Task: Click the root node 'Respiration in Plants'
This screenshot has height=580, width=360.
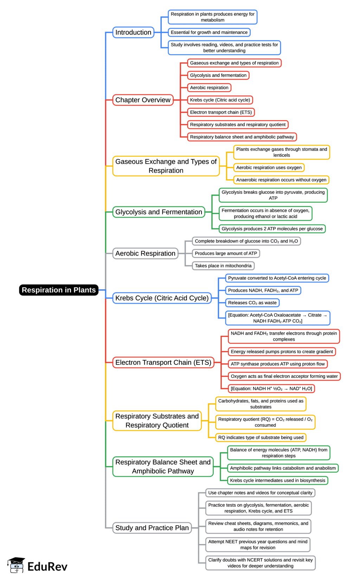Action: (59, 290)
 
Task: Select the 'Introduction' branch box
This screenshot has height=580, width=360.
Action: (133, 32)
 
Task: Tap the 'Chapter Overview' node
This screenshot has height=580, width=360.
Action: (143, 100)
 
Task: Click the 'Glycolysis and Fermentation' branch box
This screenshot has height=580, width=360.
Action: (159, 212)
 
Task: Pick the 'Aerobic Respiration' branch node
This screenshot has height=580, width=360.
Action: (145, 253)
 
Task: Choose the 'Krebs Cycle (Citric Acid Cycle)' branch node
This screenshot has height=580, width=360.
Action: (162, 298)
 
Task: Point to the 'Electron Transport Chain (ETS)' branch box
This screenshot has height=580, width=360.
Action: (163, 362)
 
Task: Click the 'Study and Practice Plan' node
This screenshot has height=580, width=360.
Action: (152, 528)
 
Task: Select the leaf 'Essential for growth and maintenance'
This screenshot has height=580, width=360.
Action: (209, 32)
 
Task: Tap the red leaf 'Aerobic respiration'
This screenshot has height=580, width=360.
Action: (209, 88)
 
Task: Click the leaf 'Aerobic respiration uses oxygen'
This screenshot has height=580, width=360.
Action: (269, 168)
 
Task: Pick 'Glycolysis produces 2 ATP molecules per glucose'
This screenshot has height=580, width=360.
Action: (272, 229)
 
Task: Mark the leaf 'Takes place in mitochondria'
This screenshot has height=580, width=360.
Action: (223, 266)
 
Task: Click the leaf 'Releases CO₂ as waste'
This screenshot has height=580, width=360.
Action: (252, 303)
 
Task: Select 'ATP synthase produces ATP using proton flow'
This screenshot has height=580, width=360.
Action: (278, 364)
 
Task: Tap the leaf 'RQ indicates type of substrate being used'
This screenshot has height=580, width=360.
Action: (261, 437)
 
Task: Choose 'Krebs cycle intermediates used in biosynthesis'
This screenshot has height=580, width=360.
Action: (278, 480)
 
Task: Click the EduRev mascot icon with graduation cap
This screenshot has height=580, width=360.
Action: (16, 565)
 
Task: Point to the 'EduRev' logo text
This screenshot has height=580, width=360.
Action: (47, 566)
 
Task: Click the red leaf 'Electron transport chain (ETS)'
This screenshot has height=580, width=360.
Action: (221, 112)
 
